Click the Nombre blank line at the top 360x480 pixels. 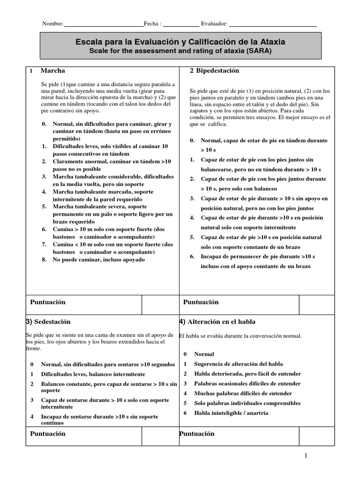coord(103,24)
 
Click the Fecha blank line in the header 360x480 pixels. coord(181,24)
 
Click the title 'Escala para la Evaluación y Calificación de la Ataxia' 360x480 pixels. coord(180,42)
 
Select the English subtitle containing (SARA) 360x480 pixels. coord(180,51)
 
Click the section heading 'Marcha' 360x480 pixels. coord(52,71)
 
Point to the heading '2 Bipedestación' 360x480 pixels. coord(214,71)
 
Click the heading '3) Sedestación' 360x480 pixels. coord(48,322)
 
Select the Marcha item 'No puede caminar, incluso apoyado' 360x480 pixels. coord(98,259)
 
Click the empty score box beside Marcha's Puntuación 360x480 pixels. coord(160,305)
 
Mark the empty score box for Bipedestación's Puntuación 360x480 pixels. coord(317,305)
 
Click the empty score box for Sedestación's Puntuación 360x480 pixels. coord(160,436)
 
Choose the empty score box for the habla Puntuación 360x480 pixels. coord(317,436)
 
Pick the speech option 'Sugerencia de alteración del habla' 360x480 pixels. coord(238,364)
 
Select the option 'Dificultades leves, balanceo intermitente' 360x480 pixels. coord(93,374)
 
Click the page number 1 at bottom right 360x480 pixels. coord(305,456)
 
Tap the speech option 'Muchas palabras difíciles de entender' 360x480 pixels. coord(243,393)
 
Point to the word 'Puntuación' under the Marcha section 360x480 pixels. coord(48,302)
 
